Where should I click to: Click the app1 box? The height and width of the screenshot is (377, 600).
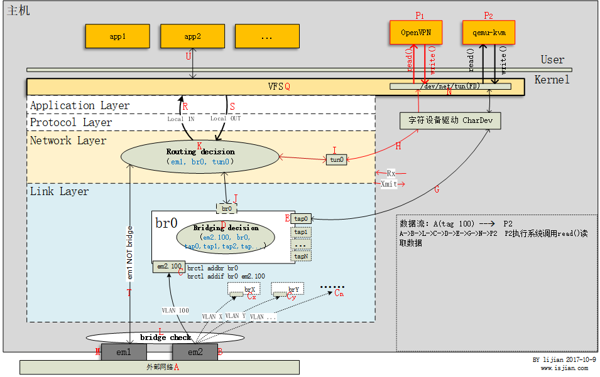point(117,36)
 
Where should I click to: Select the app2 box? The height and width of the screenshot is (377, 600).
point(192,36)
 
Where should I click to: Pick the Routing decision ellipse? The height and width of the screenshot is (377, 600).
point(200,156)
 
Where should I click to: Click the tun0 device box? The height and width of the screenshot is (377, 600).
point(337,160)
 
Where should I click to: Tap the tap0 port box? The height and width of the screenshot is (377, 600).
point(302,219)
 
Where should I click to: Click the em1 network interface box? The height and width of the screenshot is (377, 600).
point(124,353)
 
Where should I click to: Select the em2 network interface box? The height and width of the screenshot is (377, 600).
point(195,353)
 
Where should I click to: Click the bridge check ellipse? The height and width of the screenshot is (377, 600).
point(165,338)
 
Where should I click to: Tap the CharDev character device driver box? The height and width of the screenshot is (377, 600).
point(450,120)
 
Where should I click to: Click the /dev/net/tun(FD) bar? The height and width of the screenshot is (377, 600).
point(450,86)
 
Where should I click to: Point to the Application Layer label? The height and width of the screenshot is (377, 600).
point(80,106)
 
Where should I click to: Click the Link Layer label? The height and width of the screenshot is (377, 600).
point(60,191)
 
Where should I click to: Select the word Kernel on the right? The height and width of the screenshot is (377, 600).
point(552,80)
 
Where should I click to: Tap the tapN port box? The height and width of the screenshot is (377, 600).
point(302,256)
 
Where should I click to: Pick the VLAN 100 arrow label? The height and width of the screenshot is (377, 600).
point(175,311)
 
